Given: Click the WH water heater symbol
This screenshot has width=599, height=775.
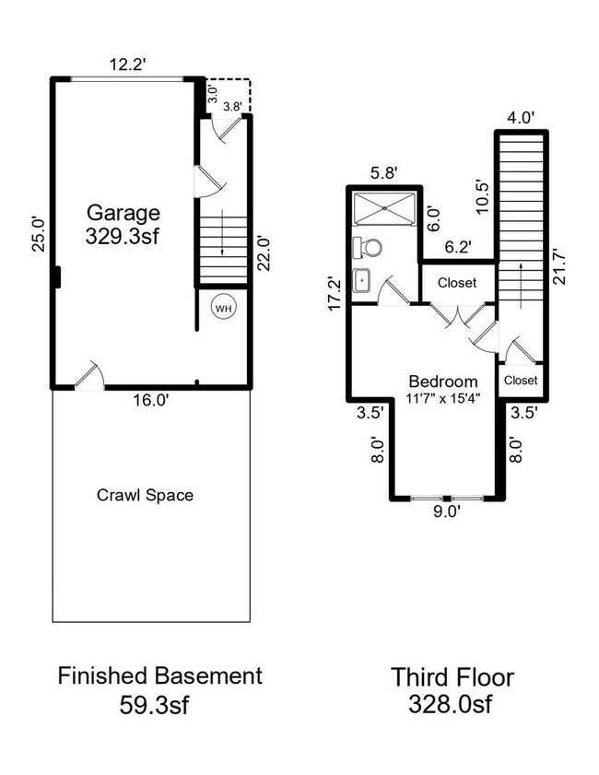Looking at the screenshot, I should coord(223,309).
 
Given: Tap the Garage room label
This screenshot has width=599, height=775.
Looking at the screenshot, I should coord(123,212).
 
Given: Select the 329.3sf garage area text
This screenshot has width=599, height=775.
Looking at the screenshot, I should coord(123,235).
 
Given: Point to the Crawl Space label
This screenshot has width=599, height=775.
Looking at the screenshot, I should coord(146,495).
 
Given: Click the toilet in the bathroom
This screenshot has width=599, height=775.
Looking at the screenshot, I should coord(369,247).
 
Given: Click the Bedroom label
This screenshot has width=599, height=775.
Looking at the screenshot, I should coord(443,382).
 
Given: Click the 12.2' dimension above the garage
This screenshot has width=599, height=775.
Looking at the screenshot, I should coord(125,65).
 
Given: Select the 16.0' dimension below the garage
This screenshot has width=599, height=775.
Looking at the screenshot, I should coord(149,400).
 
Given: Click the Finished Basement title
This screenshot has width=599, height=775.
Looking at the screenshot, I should coord(160,675).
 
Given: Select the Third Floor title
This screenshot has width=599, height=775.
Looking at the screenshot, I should coord(452,677).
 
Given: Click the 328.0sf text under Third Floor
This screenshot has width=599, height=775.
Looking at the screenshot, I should coord(452,706).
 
